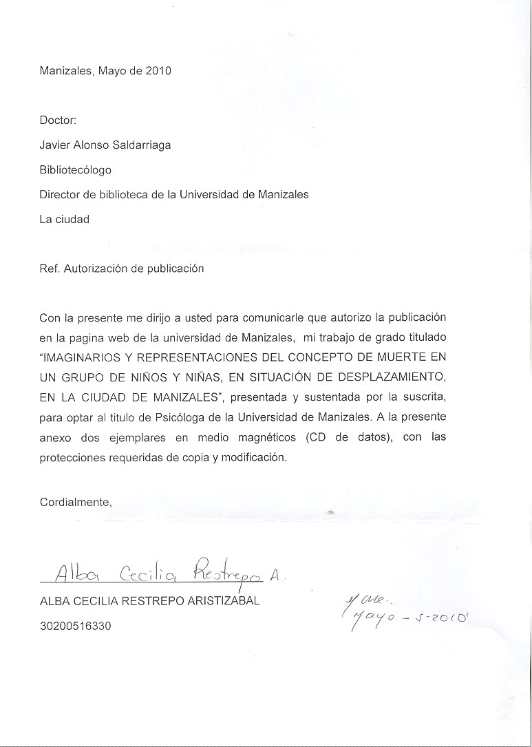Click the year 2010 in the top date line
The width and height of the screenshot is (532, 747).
[x=158, y=70]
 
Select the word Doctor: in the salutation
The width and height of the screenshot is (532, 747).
[x=58, y=120]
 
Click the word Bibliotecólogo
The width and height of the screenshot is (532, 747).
[x=76, y=169]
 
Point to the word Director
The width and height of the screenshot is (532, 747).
[x=59, y=194]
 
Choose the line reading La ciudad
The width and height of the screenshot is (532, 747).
[x=65, y=220]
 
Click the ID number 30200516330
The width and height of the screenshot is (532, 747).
[x=76, y=627]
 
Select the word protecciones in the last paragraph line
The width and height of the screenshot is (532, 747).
[x=72, y=458]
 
